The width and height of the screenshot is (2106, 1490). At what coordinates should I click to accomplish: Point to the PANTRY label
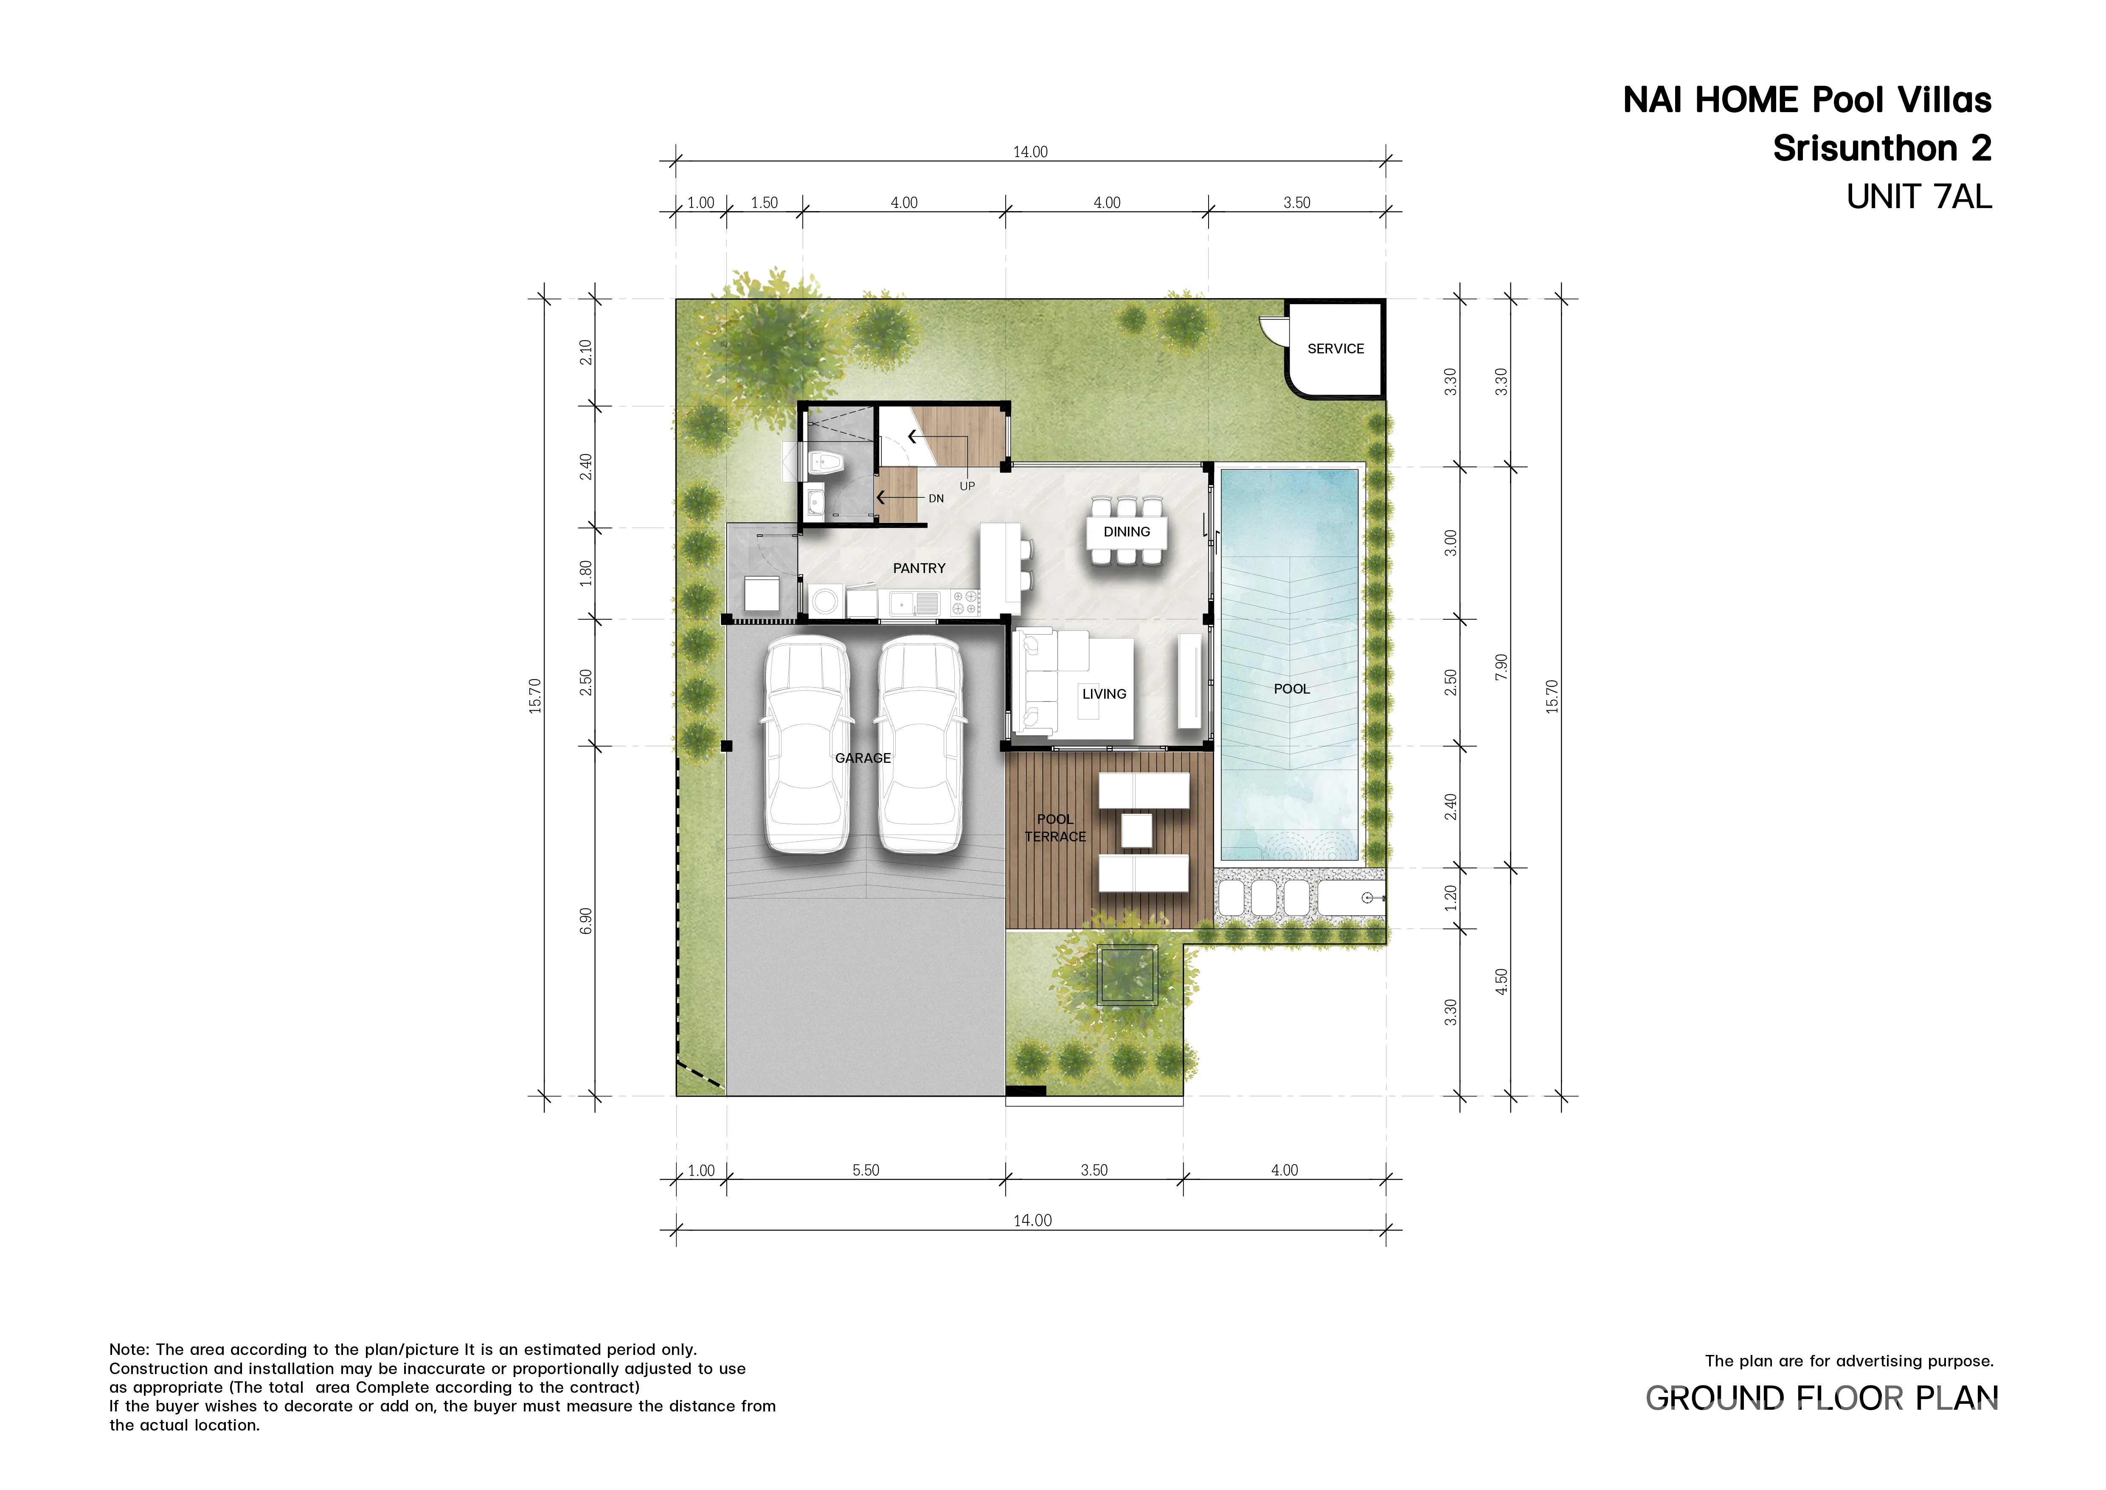[x=919, y=569]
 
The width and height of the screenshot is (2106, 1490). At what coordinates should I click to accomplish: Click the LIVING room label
[x=1105, y=694]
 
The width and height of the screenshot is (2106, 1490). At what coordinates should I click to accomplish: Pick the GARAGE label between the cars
[x=863, y=758]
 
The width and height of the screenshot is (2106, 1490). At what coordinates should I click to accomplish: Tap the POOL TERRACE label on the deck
[x=1055, y=827]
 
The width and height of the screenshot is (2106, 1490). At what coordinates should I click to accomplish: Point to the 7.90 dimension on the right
[x=1501, y=667]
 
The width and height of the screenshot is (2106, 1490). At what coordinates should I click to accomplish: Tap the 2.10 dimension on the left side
[x=586, y=352]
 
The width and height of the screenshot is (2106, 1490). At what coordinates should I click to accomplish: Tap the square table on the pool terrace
[x=1136, y=831]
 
